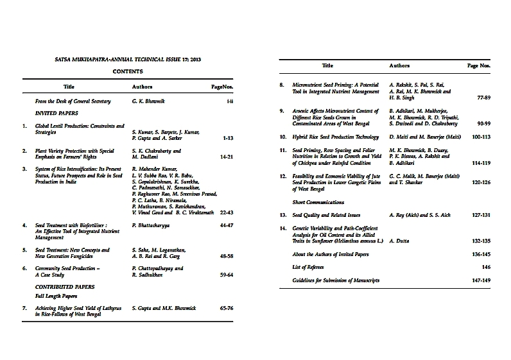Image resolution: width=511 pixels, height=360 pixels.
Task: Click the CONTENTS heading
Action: pos(127,72)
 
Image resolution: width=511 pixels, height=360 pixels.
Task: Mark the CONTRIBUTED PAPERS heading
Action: pos(65,286)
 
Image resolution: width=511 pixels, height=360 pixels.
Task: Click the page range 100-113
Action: pos(480,137)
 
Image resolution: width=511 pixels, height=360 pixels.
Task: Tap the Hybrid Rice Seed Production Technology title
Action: pos(336,137)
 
